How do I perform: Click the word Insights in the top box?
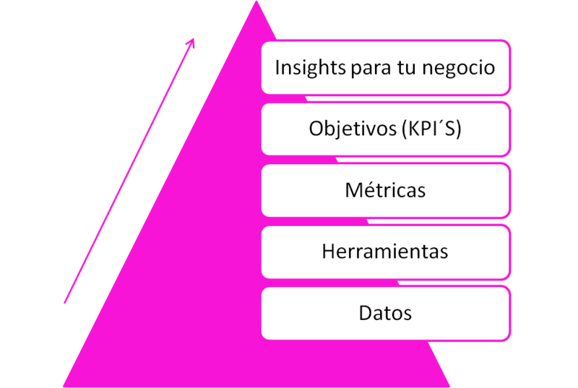pos(311,68)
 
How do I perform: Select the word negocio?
pos(459,69)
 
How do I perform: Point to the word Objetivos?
pos(353,129)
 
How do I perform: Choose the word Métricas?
pos(385,189)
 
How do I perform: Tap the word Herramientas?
pos(385,251)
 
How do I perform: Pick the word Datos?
pos(385,313)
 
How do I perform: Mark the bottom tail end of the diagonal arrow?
pos(64,303)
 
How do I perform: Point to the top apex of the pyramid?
pos(256,1)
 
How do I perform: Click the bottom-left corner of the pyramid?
pos(64,387)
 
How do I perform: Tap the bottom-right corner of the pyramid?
pos(449,387)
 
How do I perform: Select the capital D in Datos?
pos(366,313)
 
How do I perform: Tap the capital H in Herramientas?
pos(329,251)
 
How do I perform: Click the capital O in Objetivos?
pos(316,129)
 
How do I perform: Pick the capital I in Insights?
pos(277,67)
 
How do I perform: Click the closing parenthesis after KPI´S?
pos(459,129)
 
